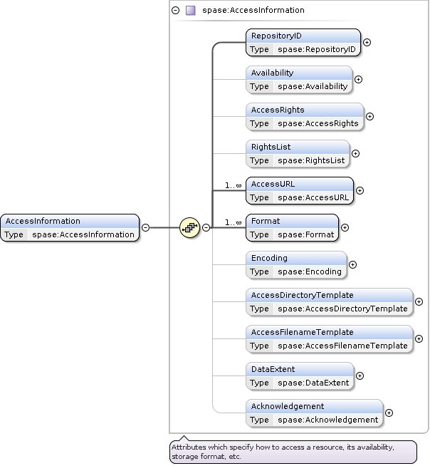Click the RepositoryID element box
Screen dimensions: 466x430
click(303, 43)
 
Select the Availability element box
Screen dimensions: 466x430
click(299, 80)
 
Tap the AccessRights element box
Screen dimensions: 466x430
click(305, 117)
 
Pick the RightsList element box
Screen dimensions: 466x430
click(298, 154)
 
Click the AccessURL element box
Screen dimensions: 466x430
click(300, 191)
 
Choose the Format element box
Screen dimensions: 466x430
click(293, 228)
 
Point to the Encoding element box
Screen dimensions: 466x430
click(296, 265)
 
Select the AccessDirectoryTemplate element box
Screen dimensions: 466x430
click(330, 302)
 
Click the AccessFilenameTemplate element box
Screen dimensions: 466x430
click(330, 339)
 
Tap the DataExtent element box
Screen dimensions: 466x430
click(300, 376)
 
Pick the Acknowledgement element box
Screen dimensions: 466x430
click(315, 413)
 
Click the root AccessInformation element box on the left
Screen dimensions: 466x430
click(70, 228)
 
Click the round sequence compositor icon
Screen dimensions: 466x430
click(189, 228)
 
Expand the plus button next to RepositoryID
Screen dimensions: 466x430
click(367, 42)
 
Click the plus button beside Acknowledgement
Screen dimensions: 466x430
click(389, 413)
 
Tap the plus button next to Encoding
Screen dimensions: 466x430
click(352, 264)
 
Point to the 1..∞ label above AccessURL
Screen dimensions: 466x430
click(234, 185)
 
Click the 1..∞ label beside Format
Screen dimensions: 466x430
click(234, 222)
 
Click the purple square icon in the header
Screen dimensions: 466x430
click(190, 11)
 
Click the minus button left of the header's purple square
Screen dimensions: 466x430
click(176, 11)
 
